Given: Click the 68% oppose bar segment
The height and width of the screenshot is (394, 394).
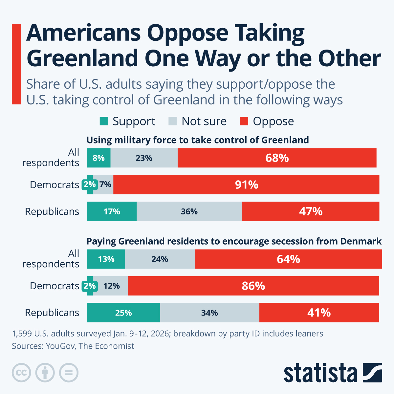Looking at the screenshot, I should click(x=277, y=158).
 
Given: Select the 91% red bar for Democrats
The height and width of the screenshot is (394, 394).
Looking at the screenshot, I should click(x=246, y=185).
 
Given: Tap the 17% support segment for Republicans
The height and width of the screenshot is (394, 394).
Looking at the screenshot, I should click(x=112, y=211).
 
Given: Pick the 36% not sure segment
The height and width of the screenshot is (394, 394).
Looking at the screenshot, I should click(x=189, y=211).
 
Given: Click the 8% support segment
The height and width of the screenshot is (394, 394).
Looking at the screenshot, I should click(x=98, y=158).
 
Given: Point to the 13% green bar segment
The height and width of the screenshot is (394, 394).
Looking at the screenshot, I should click(x=106, y=259).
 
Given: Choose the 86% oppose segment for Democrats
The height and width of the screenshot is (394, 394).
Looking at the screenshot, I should click(x=253, y=286).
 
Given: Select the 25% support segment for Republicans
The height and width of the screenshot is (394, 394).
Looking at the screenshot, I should click(x=123, y=313).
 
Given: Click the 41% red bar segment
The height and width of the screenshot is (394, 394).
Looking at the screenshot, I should click(x=319, y=313).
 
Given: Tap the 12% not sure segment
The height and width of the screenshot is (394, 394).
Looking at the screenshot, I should click(x=111, y=286).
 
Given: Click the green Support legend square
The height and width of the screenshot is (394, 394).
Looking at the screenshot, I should click(x=104, y=121).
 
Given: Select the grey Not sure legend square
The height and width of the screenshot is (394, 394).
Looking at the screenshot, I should click(x=173, y=121).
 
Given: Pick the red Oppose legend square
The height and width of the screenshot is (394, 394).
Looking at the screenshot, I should click(x=244, y=121).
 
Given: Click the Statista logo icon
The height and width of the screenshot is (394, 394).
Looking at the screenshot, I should click(x=372, y=373).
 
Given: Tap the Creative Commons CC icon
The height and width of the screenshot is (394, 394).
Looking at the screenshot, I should click(x=21, y=373).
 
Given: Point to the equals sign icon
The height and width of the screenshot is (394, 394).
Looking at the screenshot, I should click(x=69, y=373).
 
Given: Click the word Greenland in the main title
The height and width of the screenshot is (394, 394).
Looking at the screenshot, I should click(x=82, y=58).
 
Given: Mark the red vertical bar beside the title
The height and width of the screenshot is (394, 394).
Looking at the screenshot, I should click(x=16, y=64).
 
